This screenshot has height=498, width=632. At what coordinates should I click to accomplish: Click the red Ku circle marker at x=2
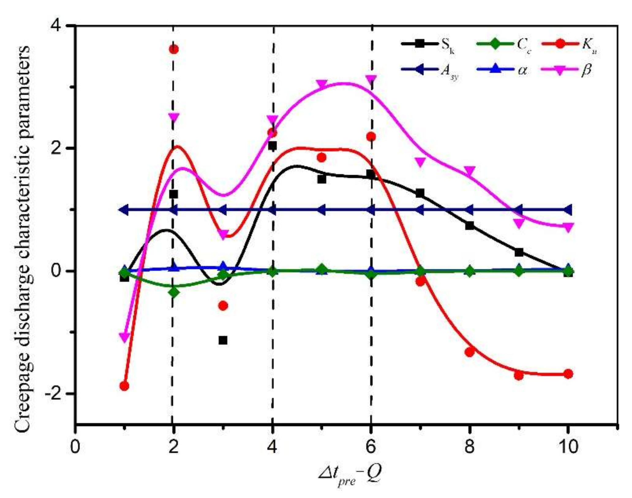pyautogui.click(x=174, y=49)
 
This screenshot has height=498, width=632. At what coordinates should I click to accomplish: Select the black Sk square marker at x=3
pyautogui.click(x=223, y=340)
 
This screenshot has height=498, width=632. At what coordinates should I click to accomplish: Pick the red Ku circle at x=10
pyautogui.click(x=568, y=374)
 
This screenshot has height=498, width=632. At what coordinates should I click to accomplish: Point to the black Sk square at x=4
pyautogui.click(x=272, y=146)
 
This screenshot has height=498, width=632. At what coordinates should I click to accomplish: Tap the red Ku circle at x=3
pyautogui.click(x=223, y=306)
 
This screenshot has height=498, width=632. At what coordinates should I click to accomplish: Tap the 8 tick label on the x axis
pyautogui.click(x=469, y=447)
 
